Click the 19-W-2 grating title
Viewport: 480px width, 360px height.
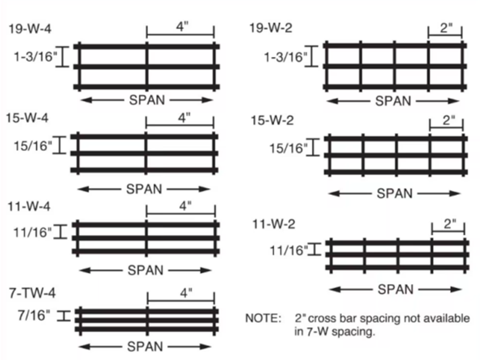coord(271,28)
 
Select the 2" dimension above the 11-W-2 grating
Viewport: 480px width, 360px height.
coord(449,225)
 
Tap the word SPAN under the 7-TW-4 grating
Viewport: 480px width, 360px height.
coord(145,347)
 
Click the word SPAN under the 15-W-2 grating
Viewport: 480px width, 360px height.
coord(394,193)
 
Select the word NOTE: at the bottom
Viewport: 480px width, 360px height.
coord(263,319)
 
